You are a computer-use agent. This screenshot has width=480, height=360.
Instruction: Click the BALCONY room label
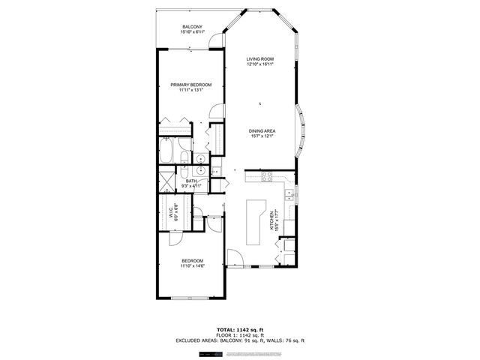tap(191, 28)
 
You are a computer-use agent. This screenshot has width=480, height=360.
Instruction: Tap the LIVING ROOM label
tap(262, 59)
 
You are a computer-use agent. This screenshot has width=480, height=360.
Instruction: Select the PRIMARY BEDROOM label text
tap(190, 85)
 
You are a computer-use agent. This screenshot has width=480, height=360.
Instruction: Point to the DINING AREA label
tap(262, 131)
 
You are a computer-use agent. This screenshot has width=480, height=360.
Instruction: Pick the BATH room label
tap(192, 181)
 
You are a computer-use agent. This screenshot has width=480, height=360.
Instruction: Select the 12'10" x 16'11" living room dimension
tap(262, 64)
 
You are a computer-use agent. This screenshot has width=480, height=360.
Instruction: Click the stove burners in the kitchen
tap(266, 176)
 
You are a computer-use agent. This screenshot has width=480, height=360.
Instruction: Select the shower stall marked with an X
tap(164, 181)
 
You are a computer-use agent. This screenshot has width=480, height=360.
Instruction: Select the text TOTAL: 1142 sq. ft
tap(240, 330)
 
